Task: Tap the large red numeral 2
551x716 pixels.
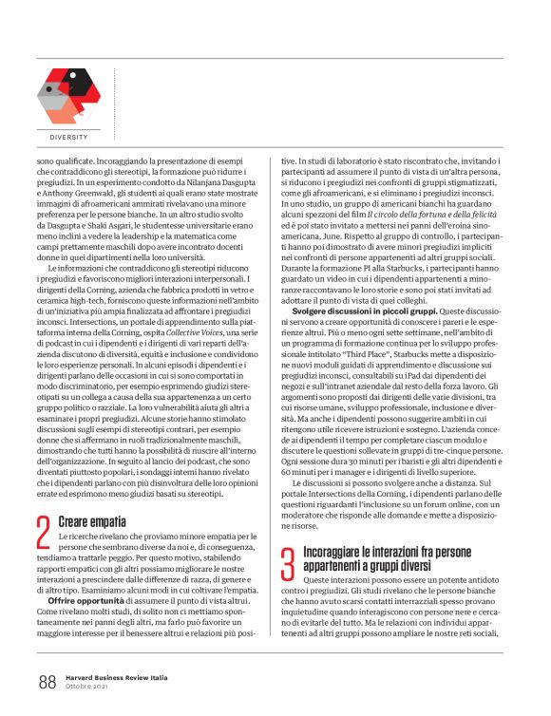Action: pyautogui.click(x=43, y=532)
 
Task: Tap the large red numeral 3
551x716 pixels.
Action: pyautogui.click(x=287, y=561)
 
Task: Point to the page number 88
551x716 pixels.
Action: pyautogui.click(x=47, y=681)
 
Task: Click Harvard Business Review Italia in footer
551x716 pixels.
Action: pyautogui.click(x=119, y=677)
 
